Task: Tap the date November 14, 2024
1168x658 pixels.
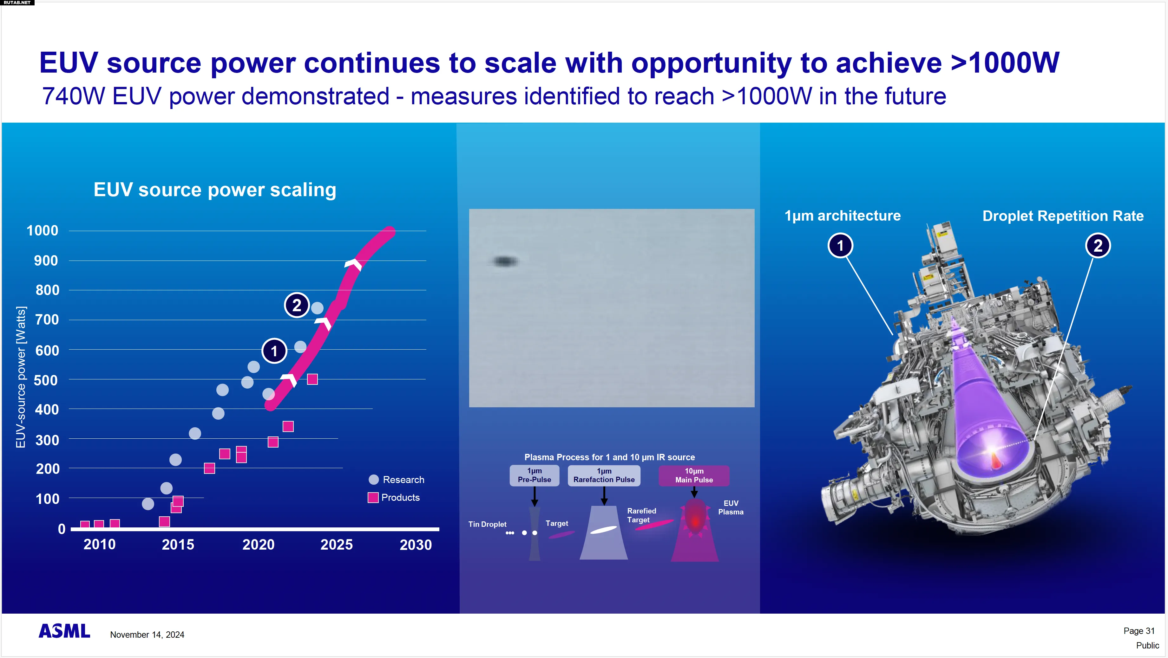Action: (x=147, y=635)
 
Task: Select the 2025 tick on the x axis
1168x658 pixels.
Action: (x=337, y=544)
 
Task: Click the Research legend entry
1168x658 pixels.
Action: (x=397, y=480)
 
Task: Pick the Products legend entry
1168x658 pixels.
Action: (x=394, y=497)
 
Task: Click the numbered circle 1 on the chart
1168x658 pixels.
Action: (x=274, y=351)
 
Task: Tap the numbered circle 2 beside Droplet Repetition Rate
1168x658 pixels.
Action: (x=1098, y=246)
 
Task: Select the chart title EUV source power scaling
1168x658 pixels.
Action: (x=215, y=190)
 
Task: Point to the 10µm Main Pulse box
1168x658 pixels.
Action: (x=694, y=476)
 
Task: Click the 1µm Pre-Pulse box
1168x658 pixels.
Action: (x=534, y=475)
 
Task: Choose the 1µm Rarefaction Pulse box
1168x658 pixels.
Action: (x=604, y=475)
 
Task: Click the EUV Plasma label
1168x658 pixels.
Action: (x=731, y=507)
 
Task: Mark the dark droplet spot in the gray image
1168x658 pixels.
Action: (x=504, y=261)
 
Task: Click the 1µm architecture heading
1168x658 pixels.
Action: (x=843, y=216)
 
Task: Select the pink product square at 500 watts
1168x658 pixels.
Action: (x=312, y=379)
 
